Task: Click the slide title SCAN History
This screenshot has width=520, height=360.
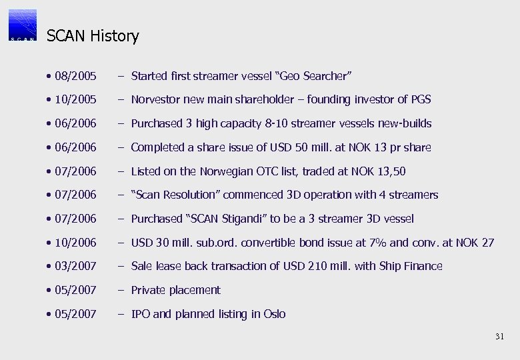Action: [93, 36]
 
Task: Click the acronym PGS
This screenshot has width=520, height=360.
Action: [421, 99]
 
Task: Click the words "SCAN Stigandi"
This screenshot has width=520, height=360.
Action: [227, 219]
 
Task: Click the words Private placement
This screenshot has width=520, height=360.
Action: [175, 290]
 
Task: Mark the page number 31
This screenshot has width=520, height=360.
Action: [500, 337]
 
